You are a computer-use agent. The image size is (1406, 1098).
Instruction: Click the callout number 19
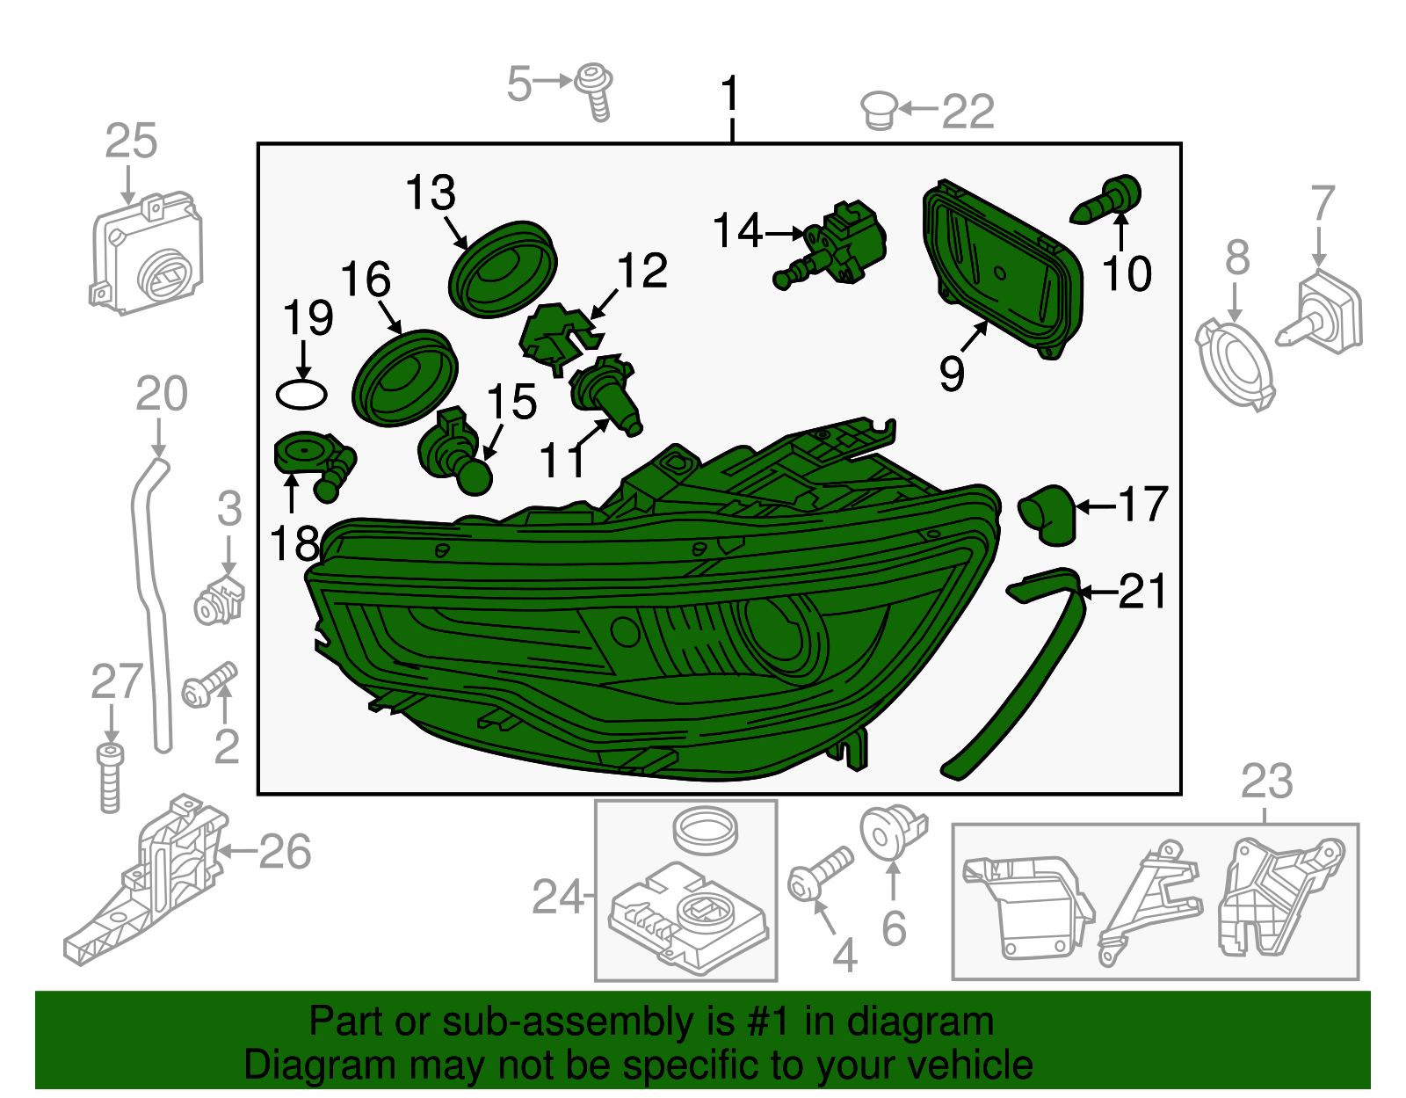pyautogui.click(x=308, y=317)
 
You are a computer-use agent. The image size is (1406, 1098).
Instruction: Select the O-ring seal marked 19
pyautogui.click(x=301, y=393)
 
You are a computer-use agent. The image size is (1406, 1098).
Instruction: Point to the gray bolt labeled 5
pyautogui.click(x=595, y=90)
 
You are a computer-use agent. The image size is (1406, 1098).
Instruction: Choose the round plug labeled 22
pyautogui.click(x=878, y=111)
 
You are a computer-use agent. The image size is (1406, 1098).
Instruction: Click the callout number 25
pyautogui.click(x=131, y=141)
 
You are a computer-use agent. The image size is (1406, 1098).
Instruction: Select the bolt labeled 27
pyautogui.click(x=110, y=777)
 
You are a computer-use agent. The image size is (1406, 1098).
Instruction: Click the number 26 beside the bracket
pyautogui.click(x=285, y=852)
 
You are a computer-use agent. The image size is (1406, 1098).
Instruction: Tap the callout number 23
pyautogui.click(x=1266, y=782)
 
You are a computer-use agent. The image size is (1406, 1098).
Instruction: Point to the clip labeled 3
pyautogui.click(x=219, y=601)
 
